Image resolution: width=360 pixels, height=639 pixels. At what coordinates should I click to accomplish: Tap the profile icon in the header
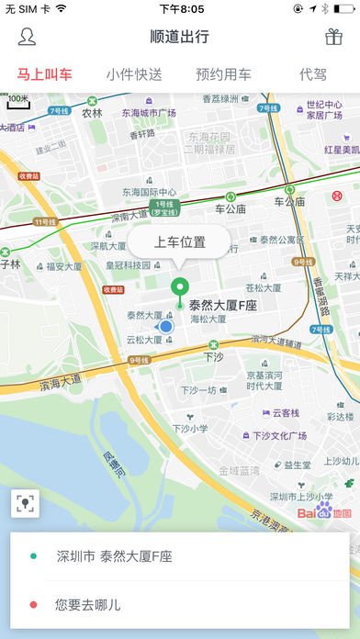pyautogui.click(x=28, y=38)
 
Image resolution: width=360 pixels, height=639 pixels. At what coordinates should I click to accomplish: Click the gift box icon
pyautogui.click(x=333, y=38)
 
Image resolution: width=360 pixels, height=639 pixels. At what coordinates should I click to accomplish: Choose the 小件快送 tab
pyautogui.click(x=134, y=74)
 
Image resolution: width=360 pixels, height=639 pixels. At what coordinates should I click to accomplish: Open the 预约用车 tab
pyautogui.click(x=223, y=74)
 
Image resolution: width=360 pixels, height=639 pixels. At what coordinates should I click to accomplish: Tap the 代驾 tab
pyautogui.click(x=312, y=74)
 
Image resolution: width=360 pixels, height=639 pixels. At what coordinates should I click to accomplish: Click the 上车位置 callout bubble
pyautogui.click(x=180, y=243)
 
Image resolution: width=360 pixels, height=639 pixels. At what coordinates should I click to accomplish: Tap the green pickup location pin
pyautogui.click(x=180, y=288)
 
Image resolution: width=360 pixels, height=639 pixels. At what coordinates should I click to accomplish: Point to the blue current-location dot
pyautogui.click(x=165, y=326)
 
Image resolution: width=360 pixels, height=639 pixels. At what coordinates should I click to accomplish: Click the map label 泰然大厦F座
pyautogui.click(x=224, y=305)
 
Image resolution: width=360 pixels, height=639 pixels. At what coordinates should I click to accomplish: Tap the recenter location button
pyautogui.click(x=26, y=502)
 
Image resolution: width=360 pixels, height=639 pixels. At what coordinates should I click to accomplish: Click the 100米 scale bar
pyautogui.click(x=18, y=100)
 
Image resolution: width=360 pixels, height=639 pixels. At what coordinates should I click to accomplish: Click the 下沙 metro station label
pyautogui.click(x=213, y=356)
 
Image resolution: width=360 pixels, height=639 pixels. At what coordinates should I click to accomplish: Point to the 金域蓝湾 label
pyautogui.click(x=238, y=470)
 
